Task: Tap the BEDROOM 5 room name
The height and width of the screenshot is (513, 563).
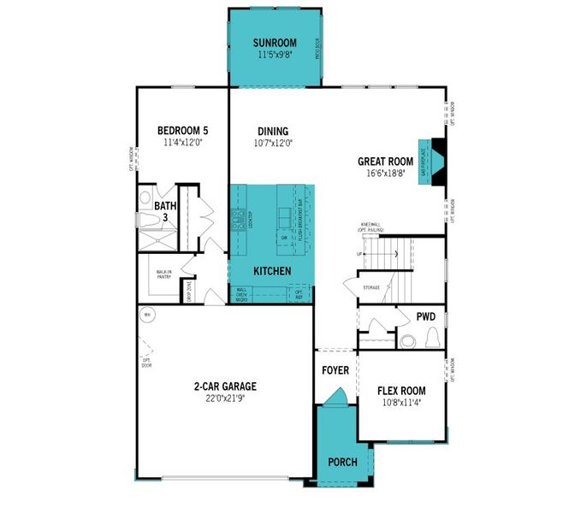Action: (x=182, y=131)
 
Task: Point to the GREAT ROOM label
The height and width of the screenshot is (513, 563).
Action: (x=385, y=161)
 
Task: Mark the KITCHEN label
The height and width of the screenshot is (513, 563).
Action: (x=272, y=270)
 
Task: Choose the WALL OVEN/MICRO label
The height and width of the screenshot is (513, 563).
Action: (x=242, y=294)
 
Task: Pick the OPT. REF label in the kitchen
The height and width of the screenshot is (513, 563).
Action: (x=299, y=295)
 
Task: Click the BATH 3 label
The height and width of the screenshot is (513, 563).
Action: (x=164, y=211)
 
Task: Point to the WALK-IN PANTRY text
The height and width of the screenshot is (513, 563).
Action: (x=164, y=275)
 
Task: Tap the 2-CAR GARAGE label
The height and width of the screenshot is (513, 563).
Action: (x=224, y=386)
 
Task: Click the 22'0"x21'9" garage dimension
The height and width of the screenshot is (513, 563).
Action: (x=224, y=398)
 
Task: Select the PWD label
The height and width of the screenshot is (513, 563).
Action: (x=425, y=316)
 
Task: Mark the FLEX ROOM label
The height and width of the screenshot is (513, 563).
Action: (x=402, y=391)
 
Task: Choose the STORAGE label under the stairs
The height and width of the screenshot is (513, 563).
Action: (x=370, y=287)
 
